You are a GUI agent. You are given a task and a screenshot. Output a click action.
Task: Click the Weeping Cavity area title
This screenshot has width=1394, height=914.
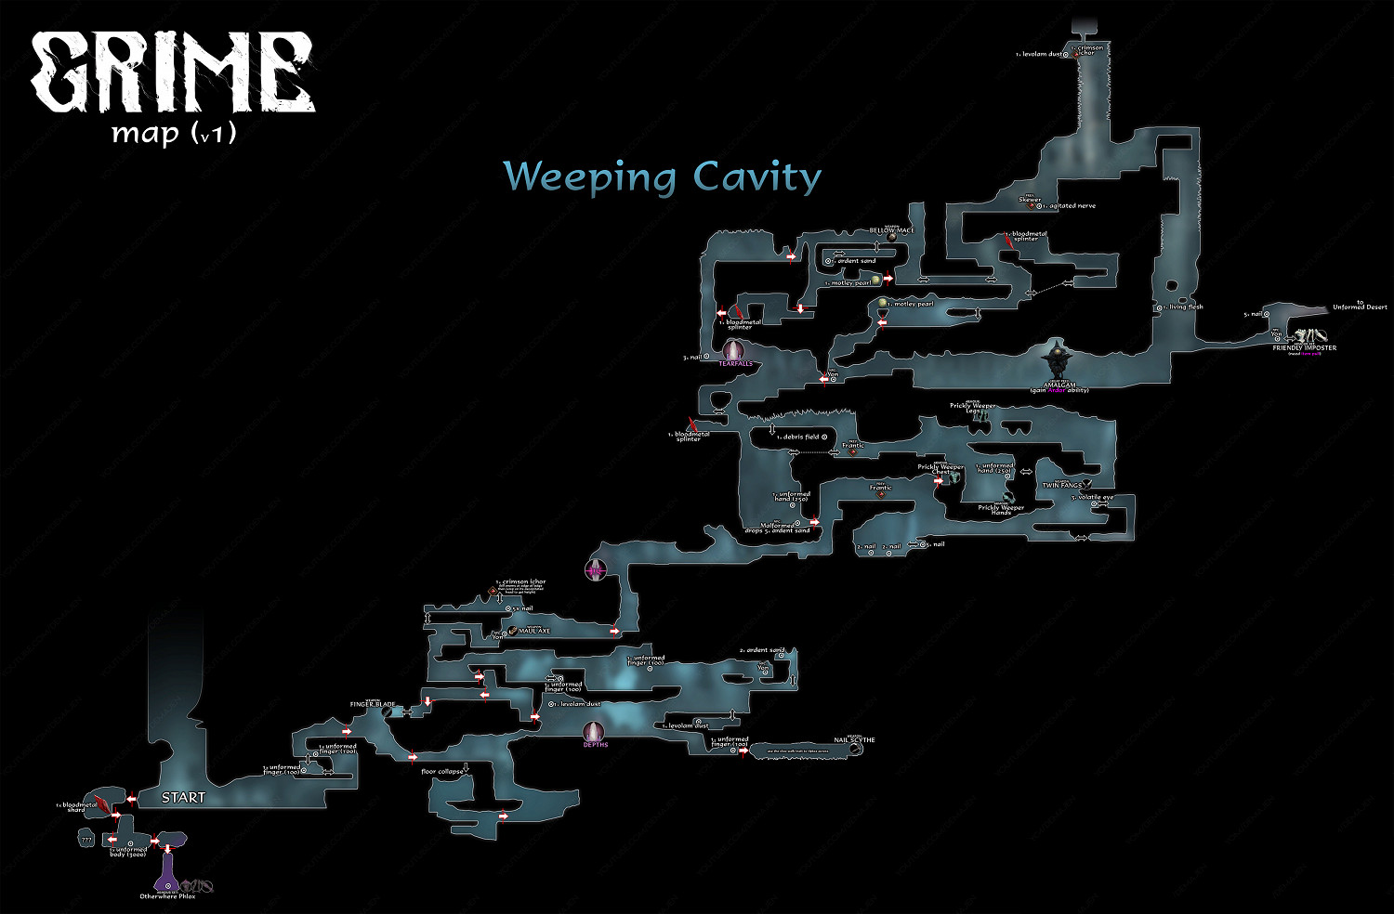[662, 176]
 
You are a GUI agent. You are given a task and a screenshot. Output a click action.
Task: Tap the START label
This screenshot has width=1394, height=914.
[183, 797]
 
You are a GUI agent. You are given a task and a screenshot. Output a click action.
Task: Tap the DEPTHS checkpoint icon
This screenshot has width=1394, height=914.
[595, 732]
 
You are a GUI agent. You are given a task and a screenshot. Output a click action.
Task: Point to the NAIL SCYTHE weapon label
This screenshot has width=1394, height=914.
[854, 740]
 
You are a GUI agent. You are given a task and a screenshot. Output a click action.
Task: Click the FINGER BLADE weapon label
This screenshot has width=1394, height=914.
[373, 705]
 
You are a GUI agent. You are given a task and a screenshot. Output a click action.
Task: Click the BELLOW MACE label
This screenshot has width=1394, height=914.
[891, 230]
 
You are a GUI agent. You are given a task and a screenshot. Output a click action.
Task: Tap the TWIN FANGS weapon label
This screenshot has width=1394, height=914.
[1061, 485]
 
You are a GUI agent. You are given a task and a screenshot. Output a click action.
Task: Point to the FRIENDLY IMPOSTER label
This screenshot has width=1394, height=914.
[1304, 348]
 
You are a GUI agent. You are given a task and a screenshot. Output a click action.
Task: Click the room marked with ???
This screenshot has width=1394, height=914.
[87, 839]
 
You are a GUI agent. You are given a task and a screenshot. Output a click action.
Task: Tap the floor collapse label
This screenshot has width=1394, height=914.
[442, 772]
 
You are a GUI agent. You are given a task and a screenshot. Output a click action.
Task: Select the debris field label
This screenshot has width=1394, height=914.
[800, 437]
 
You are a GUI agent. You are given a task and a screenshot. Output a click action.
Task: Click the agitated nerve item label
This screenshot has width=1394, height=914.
[1072, 206]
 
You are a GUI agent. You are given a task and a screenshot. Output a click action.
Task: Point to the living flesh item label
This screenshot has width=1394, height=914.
[1185, 307]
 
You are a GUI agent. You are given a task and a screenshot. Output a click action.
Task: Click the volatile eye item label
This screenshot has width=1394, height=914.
[1094, 497]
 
